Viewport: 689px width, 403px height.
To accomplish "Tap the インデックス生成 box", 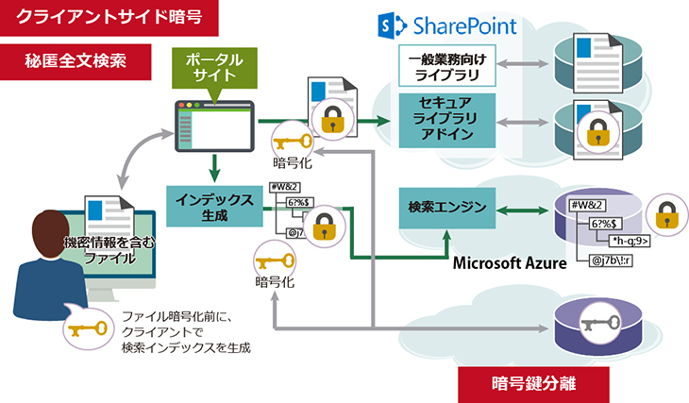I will pyautogui.click(x=213, y=206).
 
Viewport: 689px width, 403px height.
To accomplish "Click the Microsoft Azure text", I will pyautogui.click(x=509, y=263).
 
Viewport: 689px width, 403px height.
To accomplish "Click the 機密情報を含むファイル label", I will pyautogui.click(x=106, y=248).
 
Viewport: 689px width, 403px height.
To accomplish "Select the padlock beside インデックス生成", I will pyautogui.click(x=323, y=227).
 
